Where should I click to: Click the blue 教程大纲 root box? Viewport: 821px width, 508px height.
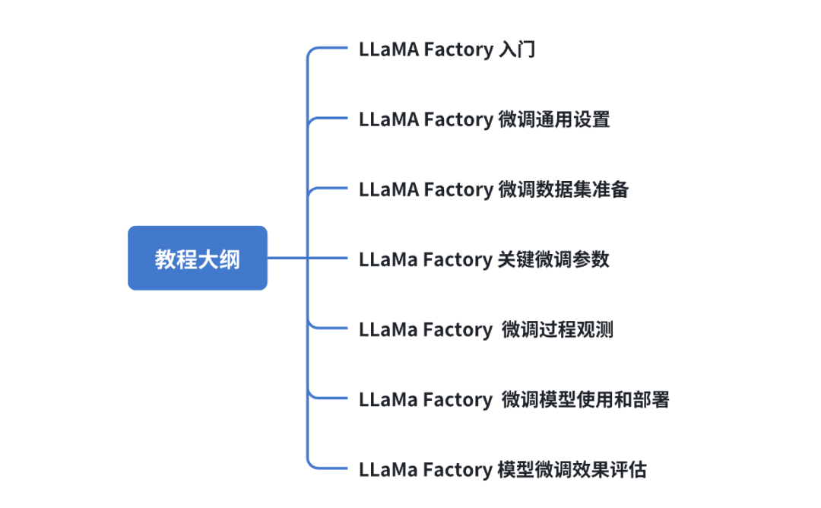pos(197,259)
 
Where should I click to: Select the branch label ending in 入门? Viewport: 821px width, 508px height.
pos(447,50)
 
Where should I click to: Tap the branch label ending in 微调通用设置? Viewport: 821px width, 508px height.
pos(484,120)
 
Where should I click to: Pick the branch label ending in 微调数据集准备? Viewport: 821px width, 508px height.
pos(493,189)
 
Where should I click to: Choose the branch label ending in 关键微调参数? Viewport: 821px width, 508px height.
pos(484,259)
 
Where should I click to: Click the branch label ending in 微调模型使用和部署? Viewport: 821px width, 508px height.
pos(514,399)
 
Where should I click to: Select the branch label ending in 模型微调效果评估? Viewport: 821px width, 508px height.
pos(502,469)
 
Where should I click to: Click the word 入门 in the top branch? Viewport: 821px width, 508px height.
pos(517,50)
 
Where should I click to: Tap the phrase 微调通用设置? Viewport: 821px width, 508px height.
pos(554,120)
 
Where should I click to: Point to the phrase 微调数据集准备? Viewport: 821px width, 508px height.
pos(563,189)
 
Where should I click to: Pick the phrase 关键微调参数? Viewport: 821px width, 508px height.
pos(554,259)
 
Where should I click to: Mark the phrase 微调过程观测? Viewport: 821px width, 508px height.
pos(557,329)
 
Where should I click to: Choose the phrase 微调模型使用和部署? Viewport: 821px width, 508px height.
pos(585,399)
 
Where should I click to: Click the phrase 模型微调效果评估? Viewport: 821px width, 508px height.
pos(572,469)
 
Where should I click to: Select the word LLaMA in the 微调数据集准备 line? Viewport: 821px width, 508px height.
pos(388,189)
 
